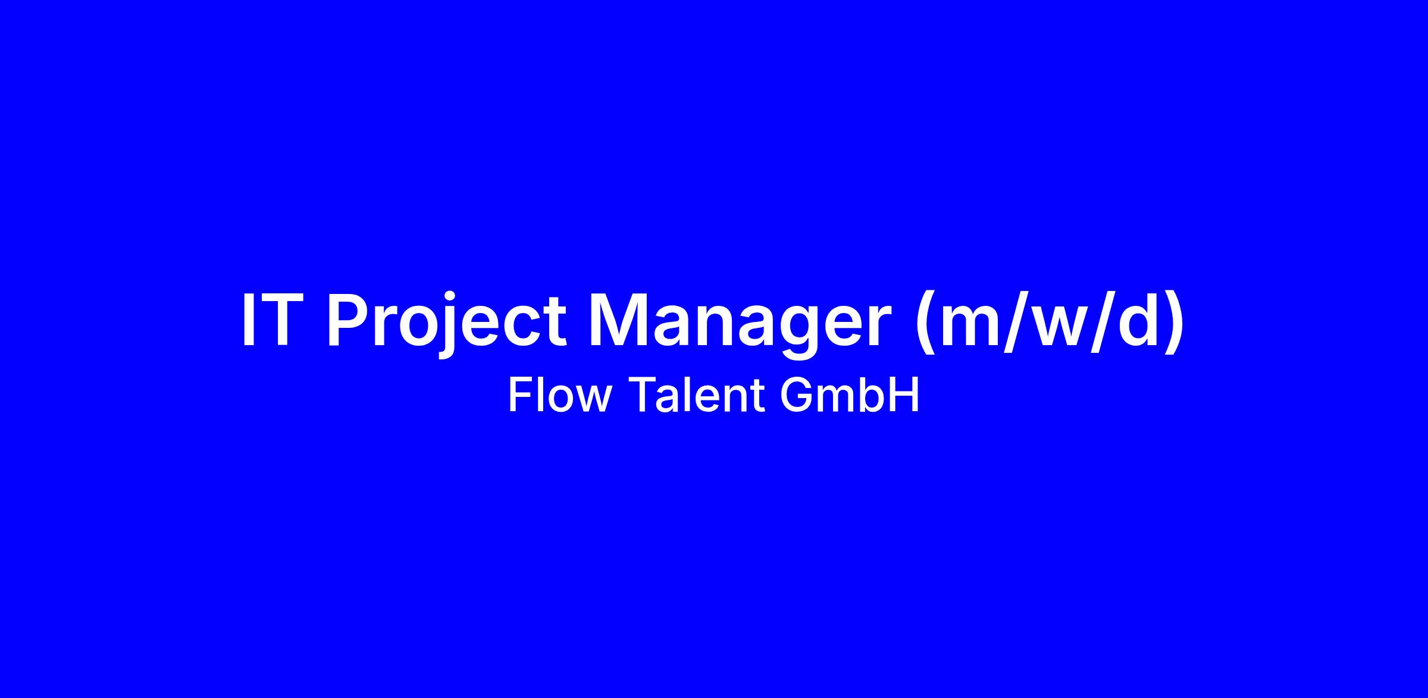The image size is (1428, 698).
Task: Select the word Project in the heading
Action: click(x=447, y=325)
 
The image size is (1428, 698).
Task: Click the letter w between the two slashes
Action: click(x=1059, y=327)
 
